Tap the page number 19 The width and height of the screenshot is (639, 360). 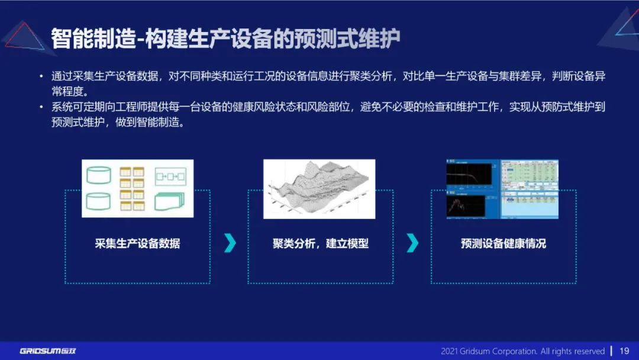pos(624,351)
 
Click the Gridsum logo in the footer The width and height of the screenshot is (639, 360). pos(47,351)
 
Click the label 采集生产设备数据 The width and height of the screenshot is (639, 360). pos(137,243)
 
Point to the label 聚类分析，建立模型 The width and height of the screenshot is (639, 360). pos(320,243)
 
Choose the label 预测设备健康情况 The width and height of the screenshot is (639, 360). pos(503,243)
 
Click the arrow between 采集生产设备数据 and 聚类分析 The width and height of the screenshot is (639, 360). pos(230,243)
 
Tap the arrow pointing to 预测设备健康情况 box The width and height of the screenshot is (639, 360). pos(413,243)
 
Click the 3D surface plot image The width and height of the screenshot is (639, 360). pos(319,188)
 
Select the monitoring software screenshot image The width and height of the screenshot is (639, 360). pos(502,188)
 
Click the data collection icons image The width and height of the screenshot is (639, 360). pos(138,188)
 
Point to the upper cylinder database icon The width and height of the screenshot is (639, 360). pos(98,175)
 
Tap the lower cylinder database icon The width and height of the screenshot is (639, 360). pos(98,202)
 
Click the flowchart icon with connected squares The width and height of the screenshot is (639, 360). pos(170,176)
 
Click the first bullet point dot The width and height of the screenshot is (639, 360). pos(41,76)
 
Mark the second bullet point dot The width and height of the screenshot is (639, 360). pos(41,107)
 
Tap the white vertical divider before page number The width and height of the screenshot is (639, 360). pos(611,351)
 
